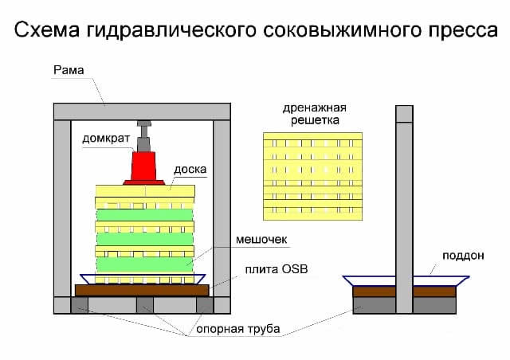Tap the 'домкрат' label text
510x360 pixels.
(x=105, y=138)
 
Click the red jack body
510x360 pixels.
(x=144, y=167)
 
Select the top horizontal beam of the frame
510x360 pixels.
(x=142, y=112)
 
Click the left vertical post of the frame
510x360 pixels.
(x=62, y=207)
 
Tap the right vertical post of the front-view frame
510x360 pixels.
(x=222, y=207)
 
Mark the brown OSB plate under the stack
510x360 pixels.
(x=142, y=290)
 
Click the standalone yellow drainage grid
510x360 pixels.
(x=312, y=176)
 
